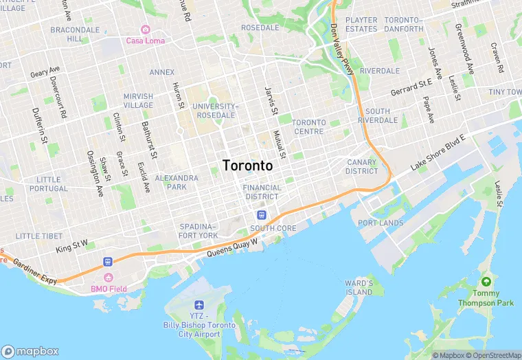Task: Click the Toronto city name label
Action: tap(247, 166)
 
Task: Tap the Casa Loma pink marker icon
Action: tap(145, 29)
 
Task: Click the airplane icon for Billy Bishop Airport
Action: tap(199, 304)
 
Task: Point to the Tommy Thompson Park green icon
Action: tap(487, 282)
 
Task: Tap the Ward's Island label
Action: tap(359, 287)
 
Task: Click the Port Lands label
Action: tap(381, 223)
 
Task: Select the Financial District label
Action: tap(262, 192)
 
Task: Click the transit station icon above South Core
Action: tap(261, 216)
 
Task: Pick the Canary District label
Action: tap(362, 166)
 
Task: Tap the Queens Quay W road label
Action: tap(232, 248)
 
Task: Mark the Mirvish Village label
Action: tap(138, 100)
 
